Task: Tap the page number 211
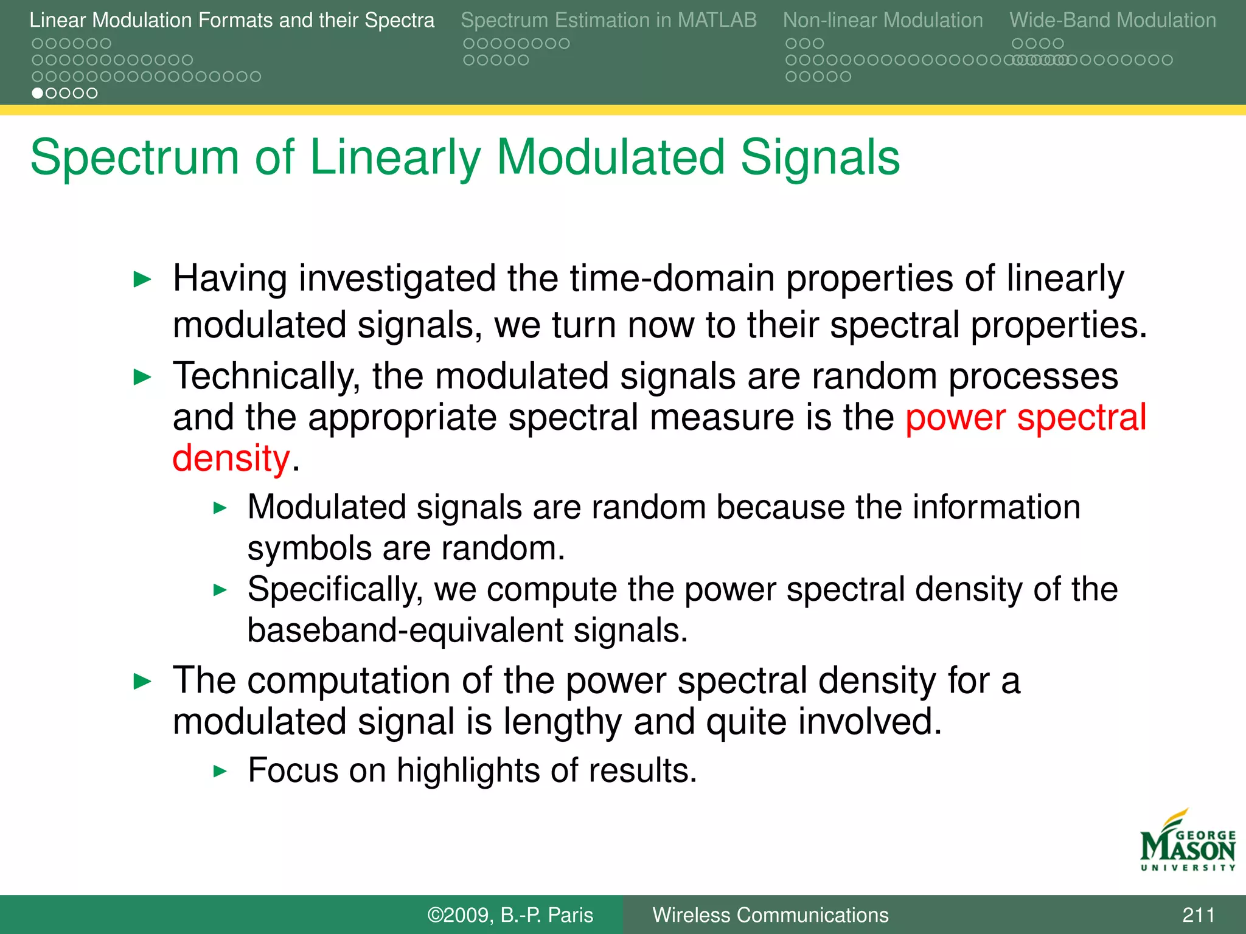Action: [x=1198, y=915]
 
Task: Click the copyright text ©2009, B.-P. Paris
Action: [x=510, y=915]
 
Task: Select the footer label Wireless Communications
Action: [x=770, y=915]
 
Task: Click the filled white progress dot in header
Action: [x=38, y=93]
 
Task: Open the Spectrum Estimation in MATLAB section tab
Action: [x=608, y=20]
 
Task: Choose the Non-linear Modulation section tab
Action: [x=883, y=20]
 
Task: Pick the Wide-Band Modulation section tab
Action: [x=1113, y=20]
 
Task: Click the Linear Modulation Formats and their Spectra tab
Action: [x=232, y=20]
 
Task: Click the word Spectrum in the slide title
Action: [x=134, y=157]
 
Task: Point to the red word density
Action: [x=231, y=458]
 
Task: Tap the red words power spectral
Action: [x=1026, y=418]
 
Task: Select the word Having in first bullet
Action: [x=231, y=278]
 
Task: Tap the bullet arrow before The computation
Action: [x=142, y=682]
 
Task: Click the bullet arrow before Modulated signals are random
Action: [x=220, y=508]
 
